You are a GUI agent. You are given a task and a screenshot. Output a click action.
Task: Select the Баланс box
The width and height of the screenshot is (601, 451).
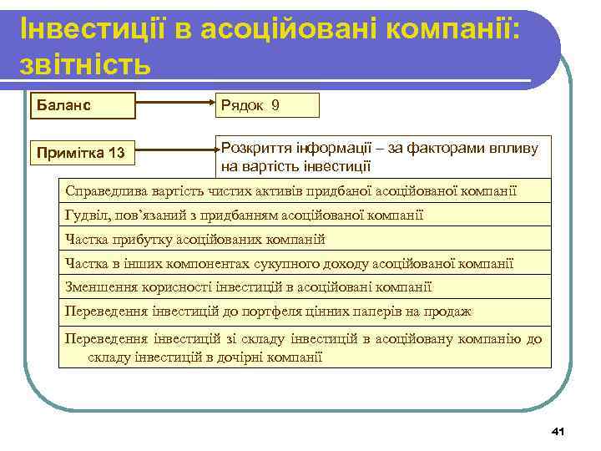(x=82, y=106)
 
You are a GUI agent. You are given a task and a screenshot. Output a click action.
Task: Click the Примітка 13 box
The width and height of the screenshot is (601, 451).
(x=82, y=153)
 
